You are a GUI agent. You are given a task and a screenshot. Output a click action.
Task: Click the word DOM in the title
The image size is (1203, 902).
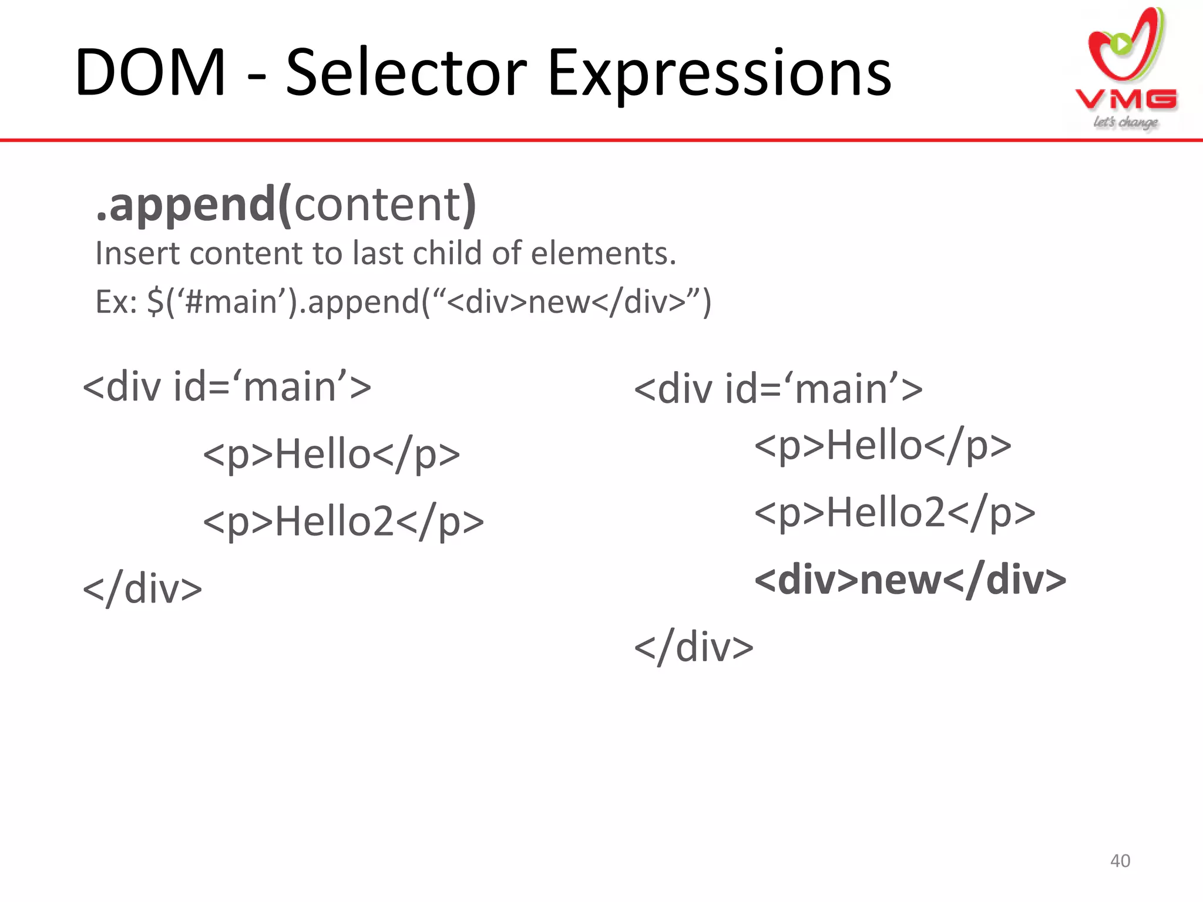[150, 73]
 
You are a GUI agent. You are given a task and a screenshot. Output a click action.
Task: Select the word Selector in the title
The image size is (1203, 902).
[405, 73]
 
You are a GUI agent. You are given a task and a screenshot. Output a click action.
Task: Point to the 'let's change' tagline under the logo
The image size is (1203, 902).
[1125, 122]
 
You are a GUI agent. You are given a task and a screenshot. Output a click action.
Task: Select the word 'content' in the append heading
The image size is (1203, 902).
[378, 204]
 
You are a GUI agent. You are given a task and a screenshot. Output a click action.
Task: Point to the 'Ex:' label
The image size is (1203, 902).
[116, 302]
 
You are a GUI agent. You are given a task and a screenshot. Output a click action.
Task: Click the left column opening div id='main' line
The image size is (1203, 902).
[227, 388]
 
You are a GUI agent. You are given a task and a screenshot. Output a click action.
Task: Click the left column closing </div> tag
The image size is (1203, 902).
[143, 589]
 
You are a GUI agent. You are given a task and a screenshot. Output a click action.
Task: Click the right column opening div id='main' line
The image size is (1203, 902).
[778, 389]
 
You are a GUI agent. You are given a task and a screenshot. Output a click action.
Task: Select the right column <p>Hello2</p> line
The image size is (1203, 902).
[895, 513]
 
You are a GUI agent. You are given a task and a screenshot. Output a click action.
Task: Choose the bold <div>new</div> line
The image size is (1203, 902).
[910, 580]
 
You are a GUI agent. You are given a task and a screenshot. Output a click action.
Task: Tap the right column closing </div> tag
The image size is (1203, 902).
[694, 648]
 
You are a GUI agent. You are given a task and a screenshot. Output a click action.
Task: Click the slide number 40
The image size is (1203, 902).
[1120, 861]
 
